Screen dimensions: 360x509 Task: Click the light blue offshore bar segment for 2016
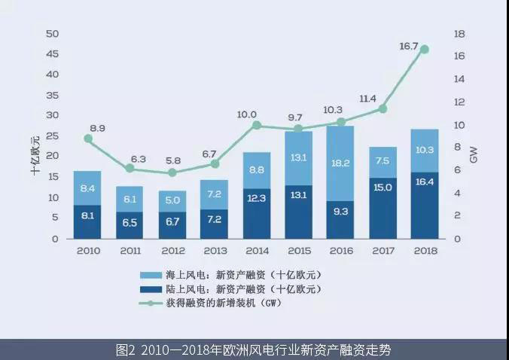pyautogui.click(x=340, y=163)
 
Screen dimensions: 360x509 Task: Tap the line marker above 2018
pyautogui.click(x=425, y=49)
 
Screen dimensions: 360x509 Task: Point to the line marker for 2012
pyautogui.click(x=172, y=172)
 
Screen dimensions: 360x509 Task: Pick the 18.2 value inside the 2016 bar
pyautogui.click(x=340, y=163)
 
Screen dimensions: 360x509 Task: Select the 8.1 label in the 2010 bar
pyautogui.click(x=88, y=215)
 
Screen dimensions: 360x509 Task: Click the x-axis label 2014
pyautogui.click(x=256, y=252)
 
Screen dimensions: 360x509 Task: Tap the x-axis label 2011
pyautogui.click(x=130, y=252)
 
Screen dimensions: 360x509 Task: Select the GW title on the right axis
pyautogui.click(x=474, y=156)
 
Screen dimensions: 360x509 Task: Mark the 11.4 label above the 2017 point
pyautogui.click(x=368, y=99)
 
